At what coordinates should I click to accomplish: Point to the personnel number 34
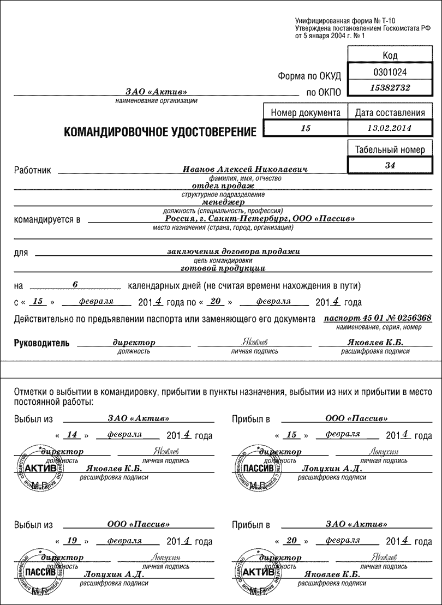(x=390, y=165)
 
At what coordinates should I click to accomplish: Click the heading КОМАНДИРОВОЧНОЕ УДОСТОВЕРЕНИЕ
(x=160, y=132)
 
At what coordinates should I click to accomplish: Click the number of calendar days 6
(x=76, y=284)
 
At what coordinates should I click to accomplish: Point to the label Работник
(x=32, y=170)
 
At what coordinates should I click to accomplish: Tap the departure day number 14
(x=71, y=435)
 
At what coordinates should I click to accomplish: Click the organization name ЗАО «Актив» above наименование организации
(x=156, y=92)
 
